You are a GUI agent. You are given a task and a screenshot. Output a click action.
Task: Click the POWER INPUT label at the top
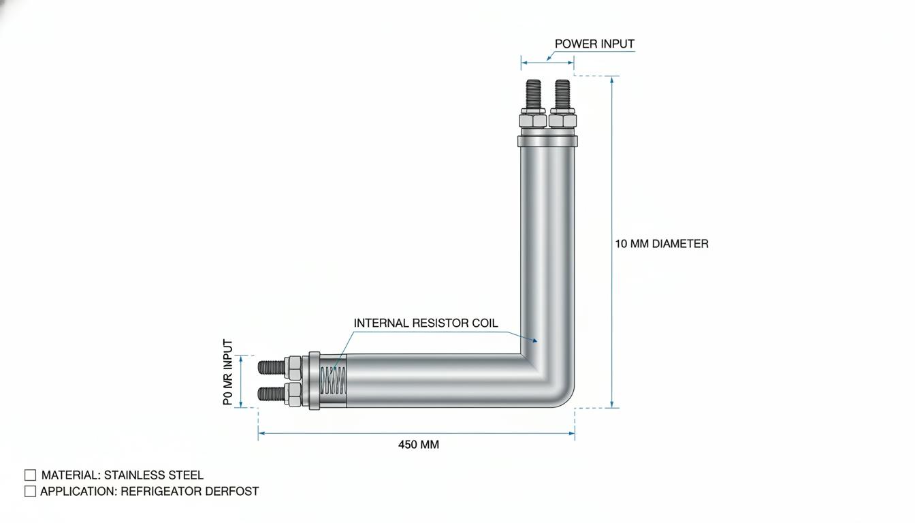click(594, 44)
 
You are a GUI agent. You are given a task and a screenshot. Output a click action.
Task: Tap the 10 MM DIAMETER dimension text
click(662, 244)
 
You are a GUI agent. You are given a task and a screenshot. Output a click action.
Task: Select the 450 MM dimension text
click(419, 445)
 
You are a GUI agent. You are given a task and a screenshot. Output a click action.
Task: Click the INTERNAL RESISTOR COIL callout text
click(426, 323)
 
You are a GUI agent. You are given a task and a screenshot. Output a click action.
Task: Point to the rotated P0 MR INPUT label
click(228, 372)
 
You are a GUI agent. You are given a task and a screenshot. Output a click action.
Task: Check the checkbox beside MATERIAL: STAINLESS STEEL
click(30, 475)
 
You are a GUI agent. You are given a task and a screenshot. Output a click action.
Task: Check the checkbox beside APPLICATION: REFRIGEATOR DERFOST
click(30, 491)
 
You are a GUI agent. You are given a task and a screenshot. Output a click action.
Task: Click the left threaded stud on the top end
click(534, 95)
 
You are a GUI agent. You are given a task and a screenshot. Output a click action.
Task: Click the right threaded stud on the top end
click(562, 95)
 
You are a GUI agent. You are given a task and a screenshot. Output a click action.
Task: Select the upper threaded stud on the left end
click(272, 367)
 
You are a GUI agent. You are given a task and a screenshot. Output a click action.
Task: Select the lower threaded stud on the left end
click(272, 394)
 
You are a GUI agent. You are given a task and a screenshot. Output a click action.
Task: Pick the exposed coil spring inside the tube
click(334, 381)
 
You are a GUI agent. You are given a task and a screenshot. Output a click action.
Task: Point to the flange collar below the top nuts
click(547, 142)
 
